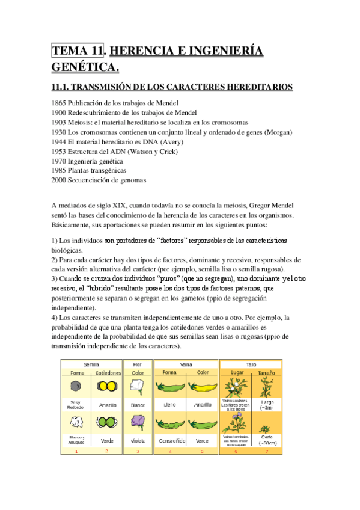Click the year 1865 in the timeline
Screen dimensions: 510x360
[x=59, y=103]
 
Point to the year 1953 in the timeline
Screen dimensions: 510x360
[x=59, y=151]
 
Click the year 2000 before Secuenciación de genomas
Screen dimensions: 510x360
[x=59, y=180]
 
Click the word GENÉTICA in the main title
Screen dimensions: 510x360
[x=85, y=66]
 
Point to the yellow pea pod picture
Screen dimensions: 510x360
[x=202, y=387]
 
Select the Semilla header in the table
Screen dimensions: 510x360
[x=91, y=364]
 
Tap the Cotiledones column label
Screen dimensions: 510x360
[x=108, y=373]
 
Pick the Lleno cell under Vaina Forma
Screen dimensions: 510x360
[x=170, y=405]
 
